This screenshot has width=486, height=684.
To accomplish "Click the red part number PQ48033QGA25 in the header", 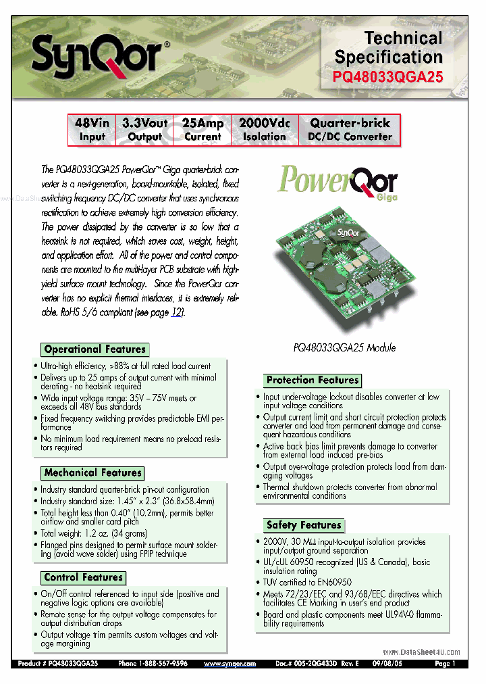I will [388, 77].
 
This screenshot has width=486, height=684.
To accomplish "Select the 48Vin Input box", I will [92, 130].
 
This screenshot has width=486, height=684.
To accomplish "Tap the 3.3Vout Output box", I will [144, 130].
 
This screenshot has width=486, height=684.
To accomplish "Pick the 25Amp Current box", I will [202, 130].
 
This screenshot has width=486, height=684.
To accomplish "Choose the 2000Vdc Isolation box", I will [264, 130].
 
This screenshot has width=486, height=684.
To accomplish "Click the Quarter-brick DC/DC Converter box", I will [350, 130].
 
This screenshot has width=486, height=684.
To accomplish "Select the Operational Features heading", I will [94, 349].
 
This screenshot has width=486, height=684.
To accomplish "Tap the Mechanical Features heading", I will [92, 472].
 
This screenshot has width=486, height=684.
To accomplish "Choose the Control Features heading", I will [84, 577].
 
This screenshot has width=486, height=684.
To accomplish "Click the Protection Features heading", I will [313, 380].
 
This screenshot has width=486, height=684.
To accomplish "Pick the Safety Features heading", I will [304, 524].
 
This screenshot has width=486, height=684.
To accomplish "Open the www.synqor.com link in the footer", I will [230, 664].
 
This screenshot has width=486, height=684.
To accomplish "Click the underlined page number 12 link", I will [176, 312].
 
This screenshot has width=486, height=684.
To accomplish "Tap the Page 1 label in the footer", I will [445, 664].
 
